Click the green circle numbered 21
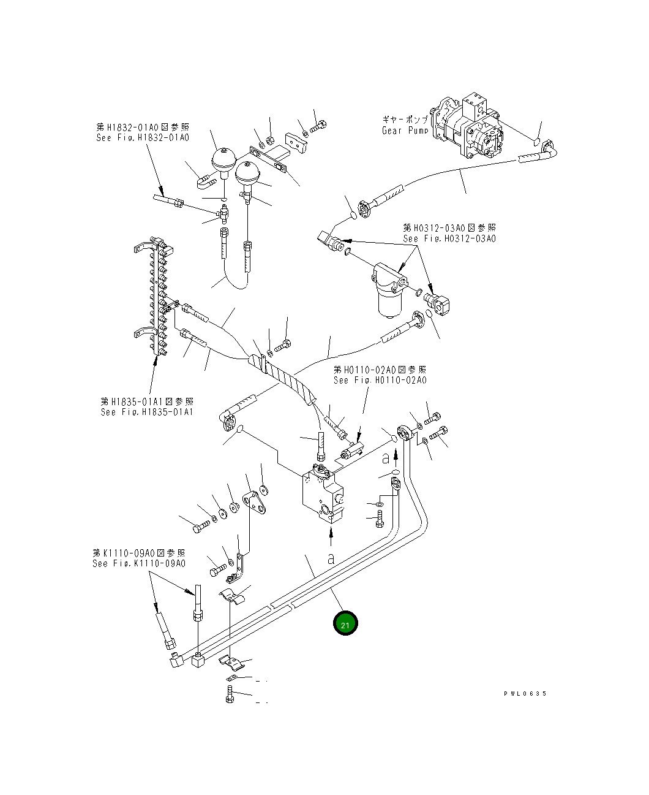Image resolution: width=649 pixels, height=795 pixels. pyautogui.click(x=345, y=624)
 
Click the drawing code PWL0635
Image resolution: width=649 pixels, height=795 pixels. pyautogui.click(x=525, y=694)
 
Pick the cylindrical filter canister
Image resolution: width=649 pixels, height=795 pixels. pyautogui.click(x=388, y=301)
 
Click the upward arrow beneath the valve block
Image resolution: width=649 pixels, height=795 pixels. pyautogui.click(x=331, y=537)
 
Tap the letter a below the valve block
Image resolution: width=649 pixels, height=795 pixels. pyautogui.click(x=331, y=558)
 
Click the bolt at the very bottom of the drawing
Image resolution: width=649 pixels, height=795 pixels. pyautogui.click(x=230, y=695)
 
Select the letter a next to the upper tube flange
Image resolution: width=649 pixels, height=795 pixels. pyautogui.click(x=386, y=458)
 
